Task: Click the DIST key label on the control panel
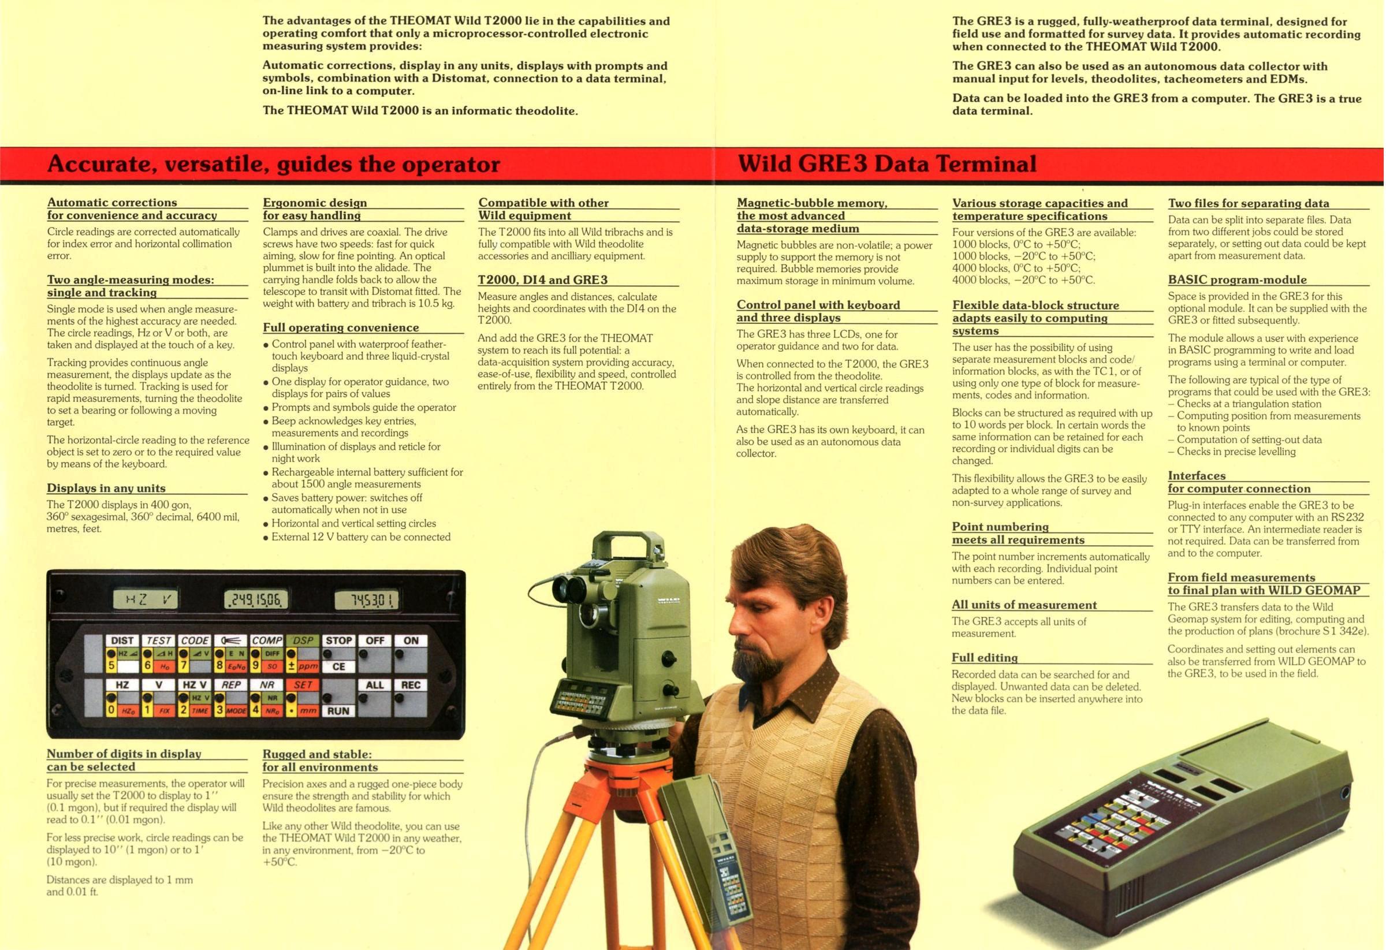122,640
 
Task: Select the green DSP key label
303,640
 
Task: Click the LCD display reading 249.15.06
256,600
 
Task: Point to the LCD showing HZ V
145,600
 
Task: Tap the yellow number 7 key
184,665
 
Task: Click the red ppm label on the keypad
308,666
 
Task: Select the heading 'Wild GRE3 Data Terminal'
887,163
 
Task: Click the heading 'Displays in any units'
106,488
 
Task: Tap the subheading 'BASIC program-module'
1237,280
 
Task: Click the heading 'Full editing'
985,658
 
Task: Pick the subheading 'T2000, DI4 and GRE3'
543,280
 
